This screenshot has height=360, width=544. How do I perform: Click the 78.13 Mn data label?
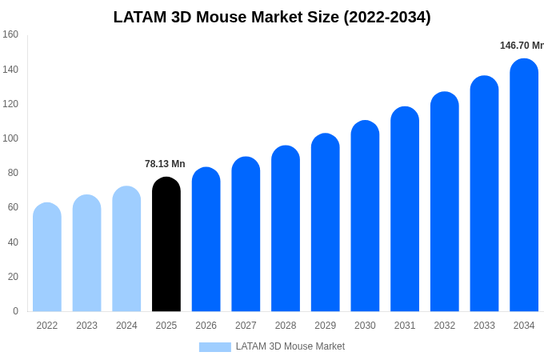click(x=165, y=164)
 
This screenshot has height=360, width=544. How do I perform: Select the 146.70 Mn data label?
click(x=521, y=46)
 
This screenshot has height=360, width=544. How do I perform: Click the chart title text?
click(x=272, y=17)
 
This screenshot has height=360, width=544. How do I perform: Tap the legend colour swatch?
click(x=214, y=346)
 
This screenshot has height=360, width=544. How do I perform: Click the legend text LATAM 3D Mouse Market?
click(x=290, y=346)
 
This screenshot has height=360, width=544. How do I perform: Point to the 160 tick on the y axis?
click(x=10, y=34)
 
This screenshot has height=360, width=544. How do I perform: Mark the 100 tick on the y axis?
click(x=10, y=138)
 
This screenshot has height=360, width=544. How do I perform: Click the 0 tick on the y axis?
click(x=15, y=311)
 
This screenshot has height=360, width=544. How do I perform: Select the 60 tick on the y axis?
click(x=13, y=207)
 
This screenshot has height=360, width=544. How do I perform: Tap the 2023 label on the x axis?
click(x=86, y=326)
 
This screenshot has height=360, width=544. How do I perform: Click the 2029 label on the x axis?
click(x=325, y=326)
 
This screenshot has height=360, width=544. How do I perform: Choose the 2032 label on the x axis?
click(x=444, y=326)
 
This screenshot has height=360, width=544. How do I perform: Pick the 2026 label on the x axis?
click(x=206, y=326)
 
